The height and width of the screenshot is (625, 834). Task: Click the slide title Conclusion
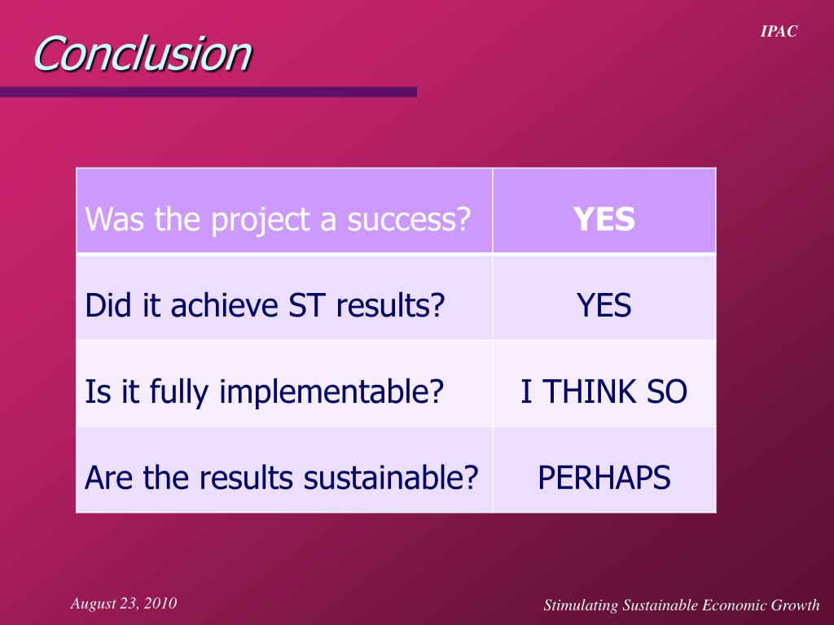[x=143, y=54]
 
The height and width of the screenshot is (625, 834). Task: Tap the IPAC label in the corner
[x=779, y=32]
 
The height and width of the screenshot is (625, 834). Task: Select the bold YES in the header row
[x=604, y=219]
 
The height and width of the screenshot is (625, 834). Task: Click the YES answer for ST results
[x=604, y=305]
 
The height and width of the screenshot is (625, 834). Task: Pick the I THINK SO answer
[x=604, y=392]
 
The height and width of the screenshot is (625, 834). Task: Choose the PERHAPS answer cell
[x=604, y=478]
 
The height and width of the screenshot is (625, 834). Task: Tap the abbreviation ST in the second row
[x=306, y=305]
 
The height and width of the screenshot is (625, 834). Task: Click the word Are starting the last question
[x=110, y=478]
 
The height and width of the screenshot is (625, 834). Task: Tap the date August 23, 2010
[x=124, y=603]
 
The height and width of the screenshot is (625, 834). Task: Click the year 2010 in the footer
[x=161, y=603]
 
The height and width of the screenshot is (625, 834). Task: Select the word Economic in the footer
[x=733, y=605]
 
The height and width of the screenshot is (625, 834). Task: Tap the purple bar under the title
[x=208, y=92]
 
